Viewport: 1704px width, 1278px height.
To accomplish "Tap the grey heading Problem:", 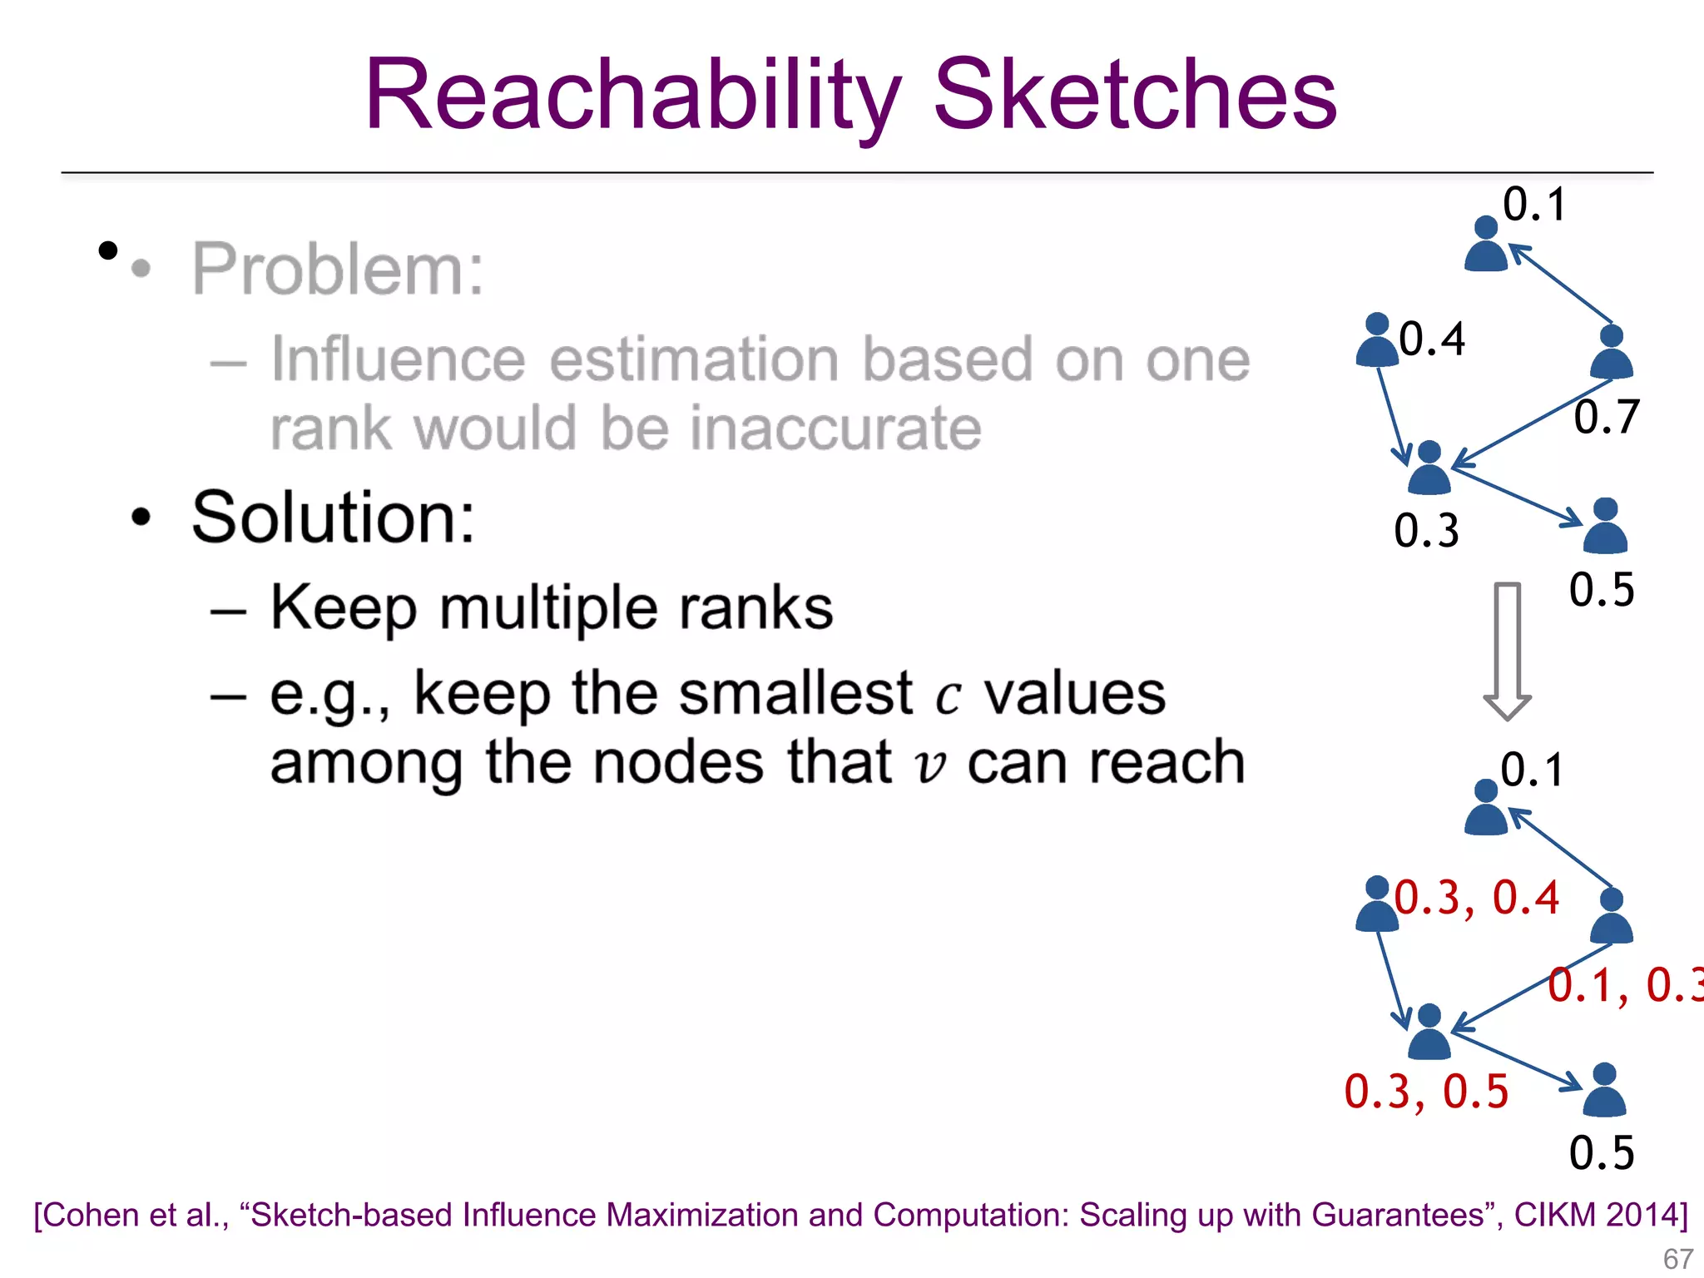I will coord(338,269).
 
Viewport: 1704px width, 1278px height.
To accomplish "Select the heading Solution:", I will coord(333,518).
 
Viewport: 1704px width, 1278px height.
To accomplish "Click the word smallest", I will coord(795,693).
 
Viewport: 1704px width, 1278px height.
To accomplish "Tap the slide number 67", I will coord(1677,1259).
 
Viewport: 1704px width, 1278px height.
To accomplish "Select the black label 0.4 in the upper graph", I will coord(1432,339).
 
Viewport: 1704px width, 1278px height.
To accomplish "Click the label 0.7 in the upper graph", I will coord(1606,417).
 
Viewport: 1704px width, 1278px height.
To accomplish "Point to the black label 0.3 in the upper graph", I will coord(1426,531).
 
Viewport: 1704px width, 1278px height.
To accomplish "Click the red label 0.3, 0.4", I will coord(1476,898).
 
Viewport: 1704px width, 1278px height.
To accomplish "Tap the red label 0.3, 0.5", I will coord(1426,1091).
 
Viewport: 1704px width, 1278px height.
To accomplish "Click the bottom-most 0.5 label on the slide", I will coord(1602,1153).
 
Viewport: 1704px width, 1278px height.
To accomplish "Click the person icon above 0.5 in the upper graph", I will coord(1605,526).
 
